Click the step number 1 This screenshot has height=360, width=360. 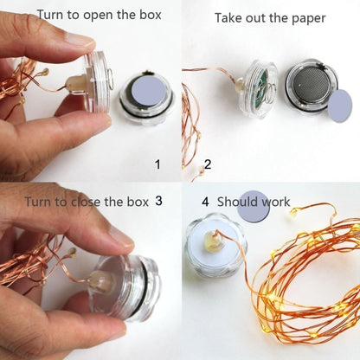click(157, 164)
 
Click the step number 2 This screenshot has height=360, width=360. click(207, 164)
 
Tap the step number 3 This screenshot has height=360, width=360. click(158, 200)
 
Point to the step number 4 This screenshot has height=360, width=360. click(206, 201)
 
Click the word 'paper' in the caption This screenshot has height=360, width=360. click(305, 17)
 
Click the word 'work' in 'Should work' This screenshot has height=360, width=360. click(274, 202)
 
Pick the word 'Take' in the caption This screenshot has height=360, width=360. click(229, 17)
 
